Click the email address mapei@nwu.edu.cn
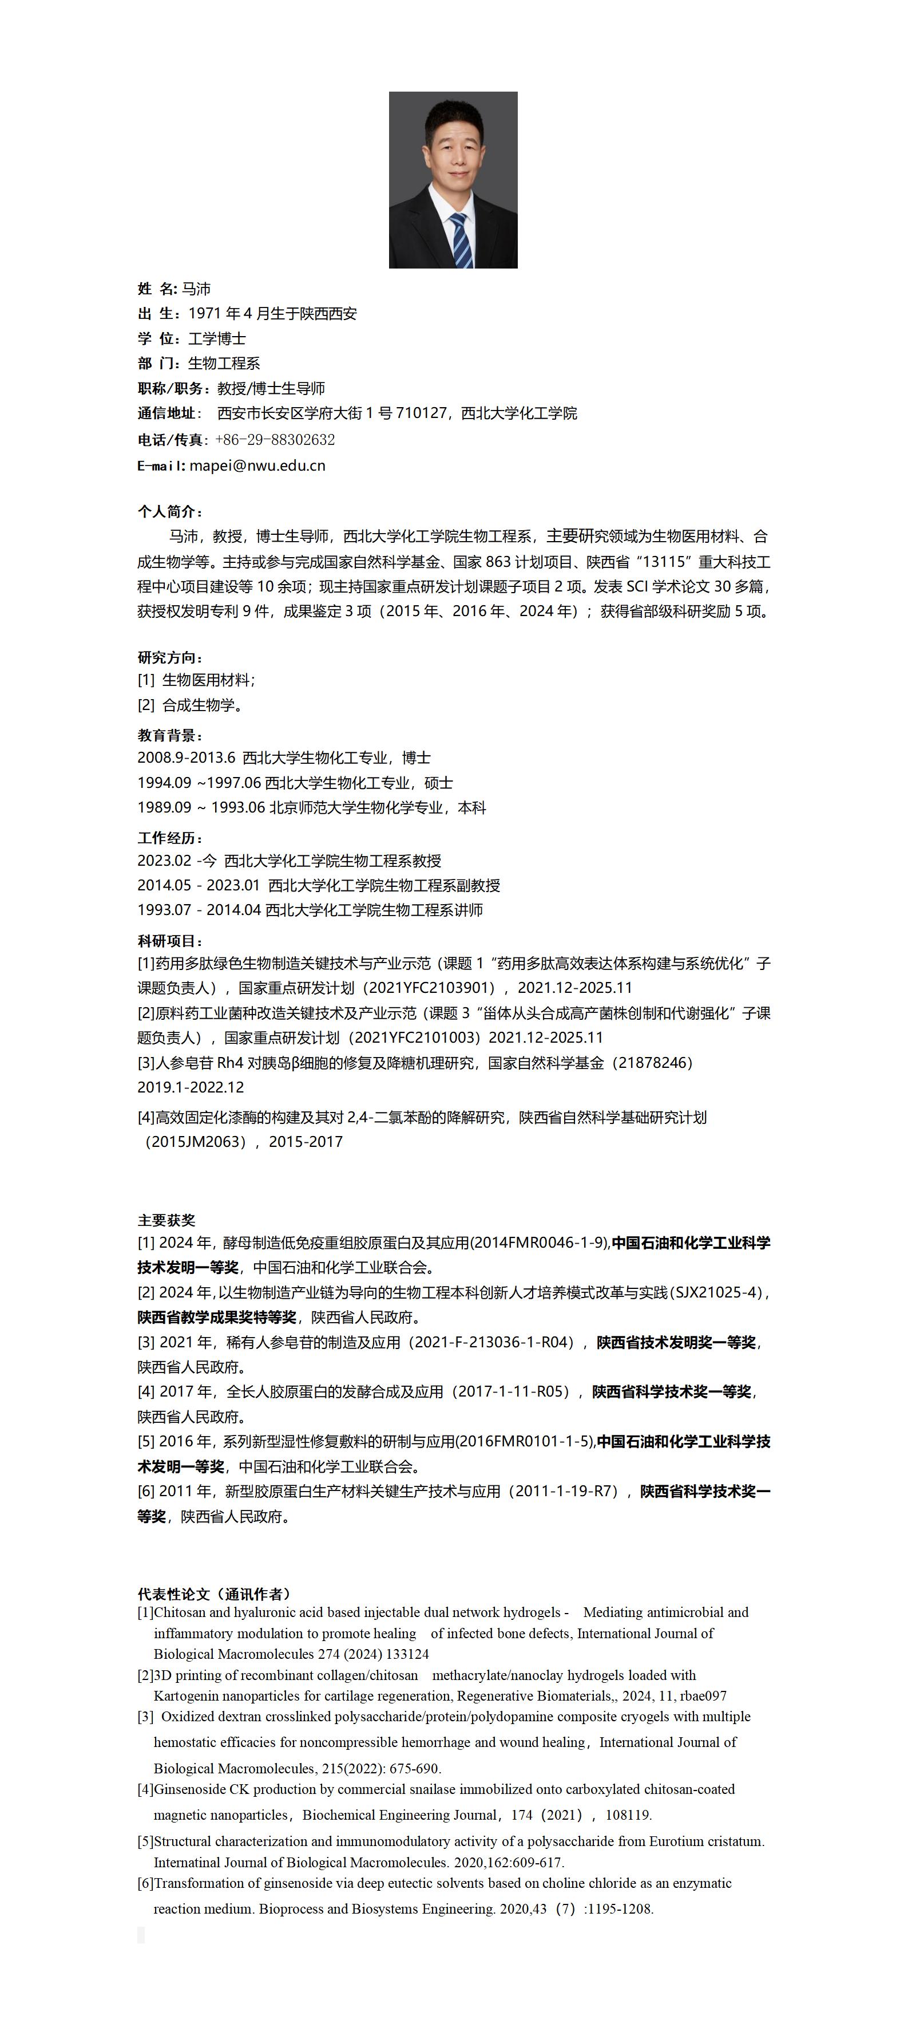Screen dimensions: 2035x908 [257, 466]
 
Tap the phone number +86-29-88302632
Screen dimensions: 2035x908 [275, 439]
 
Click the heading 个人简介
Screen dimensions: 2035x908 [170, 511]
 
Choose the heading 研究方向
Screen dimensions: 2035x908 [170, 657]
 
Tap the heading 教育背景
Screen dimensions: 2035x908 [170, 735]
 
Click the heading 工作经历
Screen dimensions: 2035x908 [170, 838]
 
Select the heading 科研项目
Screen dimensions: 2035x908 [170, 941]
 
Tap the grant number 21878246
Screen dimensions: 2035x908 [649, 1063]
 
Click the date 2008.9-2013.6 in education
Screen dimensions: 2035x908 [187, 758]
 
